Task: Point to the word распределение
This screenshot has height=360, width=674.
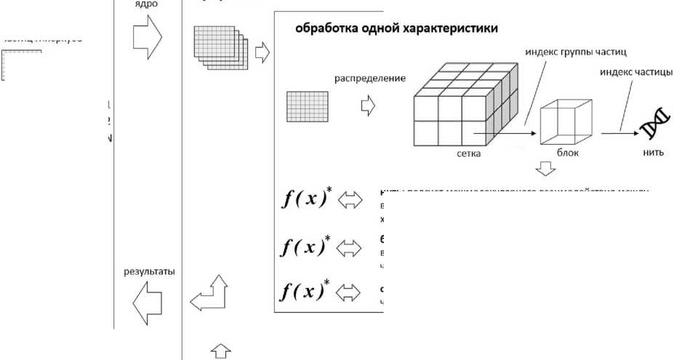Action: click(370, 78)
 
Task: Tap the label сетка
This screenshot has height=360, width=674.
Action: click(465, 154)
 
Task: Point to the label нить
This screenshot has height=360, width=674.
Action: click(654, 154)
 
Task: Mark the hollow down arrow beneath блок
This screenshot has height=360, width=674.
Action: click(545, 169)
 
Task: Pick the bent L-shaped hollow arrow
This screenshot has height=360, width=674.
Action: click(209, 294)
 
